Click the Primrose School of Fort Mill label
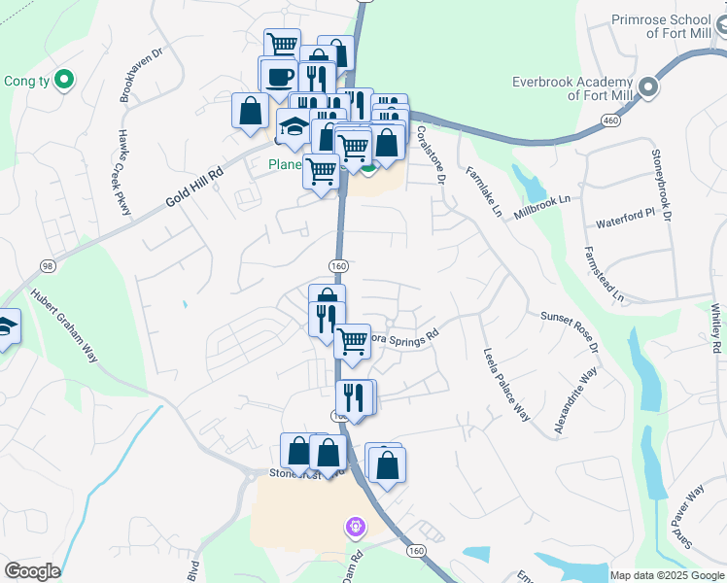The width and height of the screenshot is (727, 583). (x=670, y=26)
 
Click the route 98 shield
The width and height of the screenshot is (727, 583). (x=47, y=265)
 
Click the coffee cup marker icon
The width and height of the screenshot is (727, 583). (x=278, y=76)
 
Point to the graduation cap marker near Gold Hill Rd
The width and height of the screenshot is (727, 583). (x=294, y=125)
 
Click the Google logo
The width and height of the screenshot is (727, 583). (x=32, y=571)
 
